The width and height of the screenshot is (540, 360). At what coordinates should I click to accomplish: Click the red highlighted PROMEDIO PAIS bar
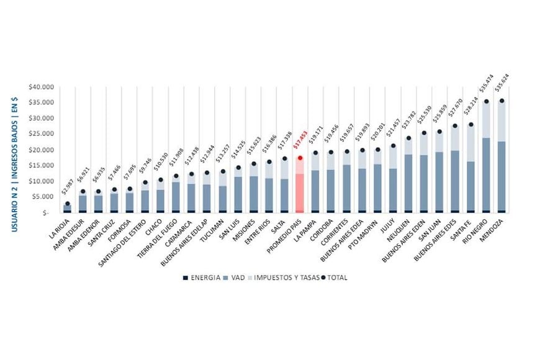(x=300, y=186)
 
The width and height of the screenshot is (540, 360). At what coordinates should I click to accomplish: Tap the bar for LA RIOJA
(x=67, y=208)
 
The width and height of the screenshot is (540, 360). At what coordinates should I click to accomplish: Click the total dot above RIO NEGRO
(x=486, y=101)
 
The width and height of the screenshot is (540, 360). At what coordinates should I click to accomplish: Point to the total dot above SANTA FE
(x=470, y=125)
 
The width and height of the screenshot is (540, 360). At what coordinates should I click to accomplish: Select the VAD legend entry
(x=236, y=277)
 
